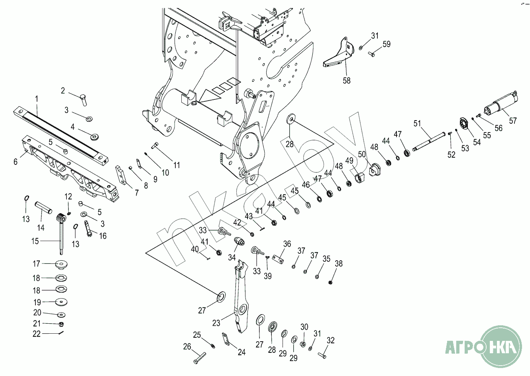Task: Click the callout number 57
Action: coord(512,120)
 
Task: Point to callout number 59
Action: coord(387,44)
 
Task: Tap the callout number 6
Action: coord(16,161)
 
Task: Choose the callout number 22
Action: coord(37,334)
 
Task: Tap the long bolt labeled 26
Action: coord(199,358)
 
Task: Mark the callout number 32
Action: coord(330,340)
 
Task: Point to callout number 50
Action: coord(362,154)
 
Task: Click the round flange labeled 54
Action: coord(463,124)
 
